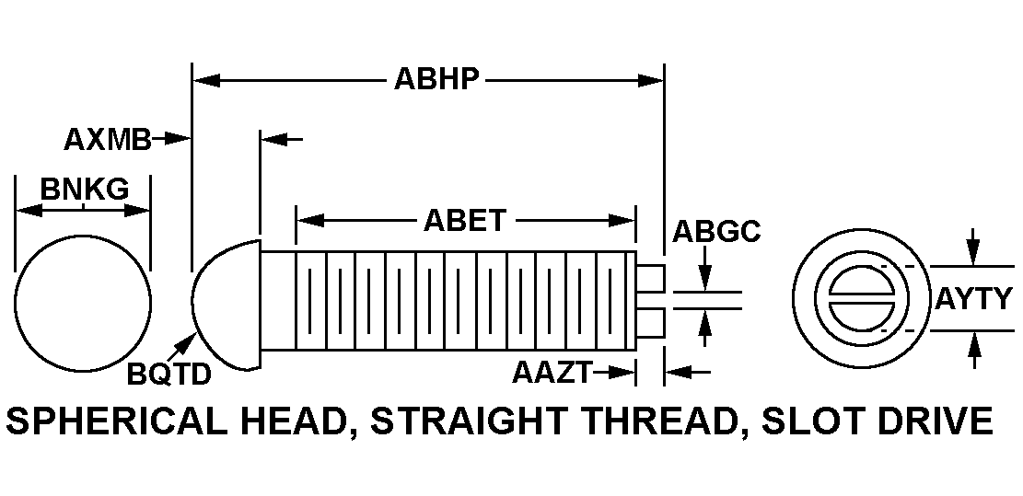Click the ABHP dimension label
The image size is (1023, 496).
click(x=436, y=79)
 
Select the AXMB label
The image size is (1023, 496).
click(x=107, y=140)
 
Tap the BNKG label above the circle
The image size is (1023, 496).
click(x=85, y=189)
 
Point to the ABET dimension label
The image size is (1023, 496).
click(x=464, y=220)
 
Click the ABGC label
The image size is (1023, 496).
click(x=716, y=231)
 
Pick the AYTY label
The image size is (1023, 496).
click(x=974, y=298)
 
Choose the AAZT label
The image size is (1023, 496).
click(x=552, y=373)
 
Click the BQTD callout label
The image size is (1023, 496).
click(x=169, y=375)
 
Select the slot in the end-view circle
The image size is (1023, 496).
click(x=861, y=298)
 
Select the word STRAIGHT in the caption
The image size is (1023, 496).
click(x=469, y=421)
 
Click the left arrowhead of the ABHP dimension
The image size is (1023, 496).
click(x=206, y=80)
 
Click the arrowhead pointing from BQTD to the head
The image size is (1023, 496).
click(x=191, y=340)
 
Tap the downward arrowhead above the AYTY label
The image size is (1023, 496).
click(x=972, y=253)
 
